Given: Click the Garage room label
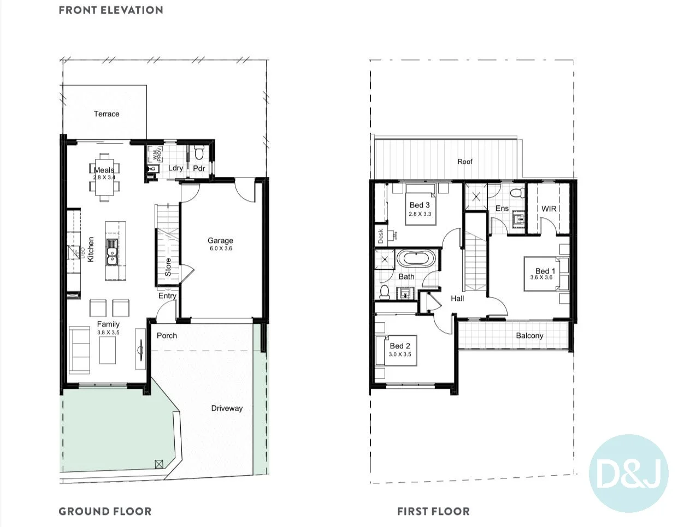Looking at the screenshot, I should [220, 240].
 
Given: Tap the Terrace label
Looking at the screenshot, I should [107, 114].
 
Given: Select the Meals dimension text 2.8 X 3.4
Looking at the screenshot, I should [104, 177].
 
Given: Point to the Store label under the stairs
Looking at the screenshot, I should [168, 267].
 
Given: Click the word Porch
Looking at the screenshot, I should [167, 335].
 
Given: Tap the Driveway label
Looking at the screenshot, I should [227, 408].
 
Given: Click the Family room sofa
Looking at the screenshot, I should [80, 350].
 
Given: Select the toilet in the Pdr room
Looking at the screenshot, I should [199, 150].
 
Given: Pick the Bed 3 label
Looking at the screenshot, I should [420, 205].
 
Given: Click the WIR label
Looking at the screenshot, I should [549, 209].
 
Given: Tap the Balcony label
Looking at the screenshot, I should [529, 335].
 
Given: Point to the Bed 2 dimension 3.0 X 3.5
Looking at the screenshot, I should [400, 354].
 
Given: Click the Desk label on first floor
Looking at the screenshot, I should [381, 236].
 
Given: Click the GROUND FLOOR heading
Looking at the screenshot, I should [105, 512].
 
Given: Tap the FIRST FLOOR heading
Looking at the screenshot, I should [433, 512].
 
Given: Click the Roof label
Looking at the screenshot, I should [465, 162].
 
